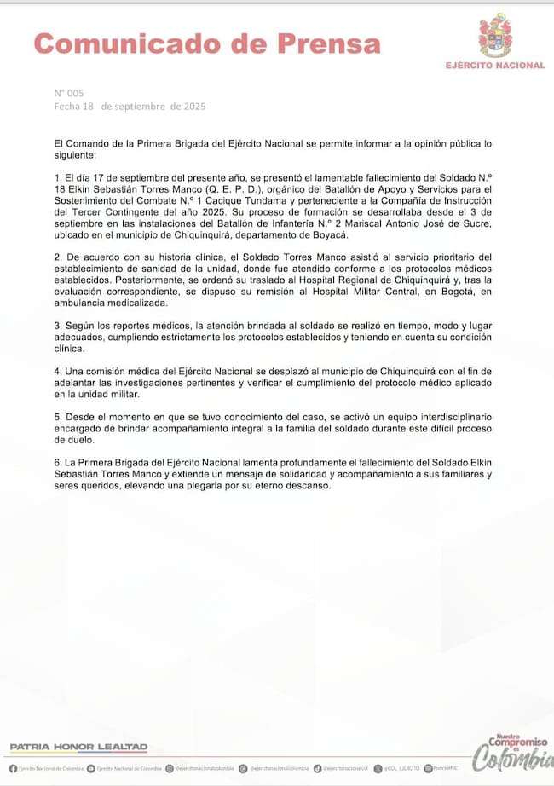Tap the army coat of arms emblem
point(495,36)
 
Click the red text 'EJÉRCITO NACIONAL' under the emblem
point(495,66)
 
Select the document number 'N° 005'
point(69,93)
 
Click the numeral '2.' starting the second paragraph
point(57,257)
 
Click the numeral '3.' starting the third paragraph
point(57,326)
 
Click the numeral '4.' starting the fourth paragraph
point(57,372)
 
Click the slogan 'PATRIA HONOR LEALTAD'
point(78,747)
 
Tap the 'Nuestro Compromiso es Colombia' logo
point(512,753)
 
